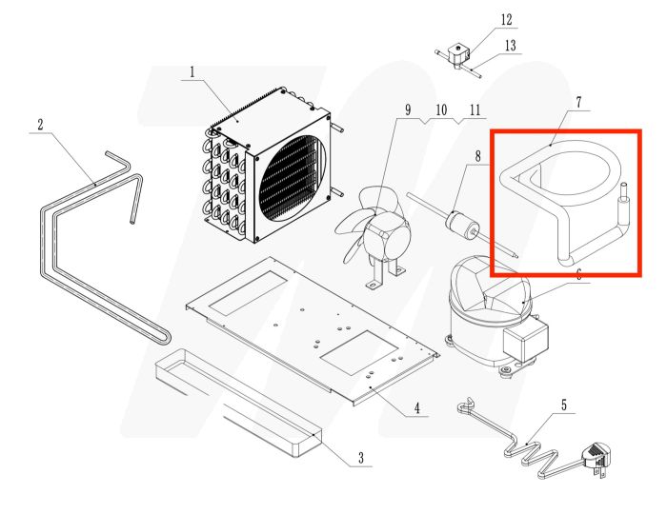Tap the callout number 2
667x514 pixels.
[41, 125]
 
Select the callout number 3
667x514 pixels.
[361, 458]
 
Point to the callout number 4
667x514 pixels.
[416, 409]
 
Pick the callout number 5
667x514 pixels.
[563, 405]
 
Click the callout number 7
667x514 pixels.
[577, 101]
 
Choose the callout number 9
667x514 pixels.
[408, 110]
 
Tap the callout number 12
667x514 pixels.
[506, 20]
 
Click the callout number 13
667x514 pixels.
[511, 46]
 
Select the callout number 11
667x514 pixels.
[475, 110]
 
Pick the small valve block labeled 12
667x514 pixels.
[461, 55]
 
